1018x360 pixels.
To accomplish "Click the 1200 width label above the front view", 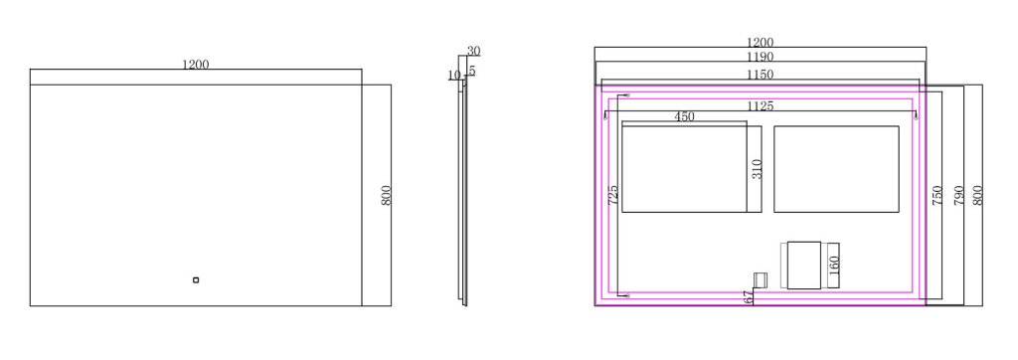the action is pyautogui.click(x=195, y=65).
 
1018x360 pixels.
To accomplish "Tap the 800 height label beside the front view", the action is pyautogui.click(x=387, y=196).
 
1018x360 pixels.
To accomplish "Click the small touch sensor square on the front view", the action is pyautogui.click(x=196, y=280).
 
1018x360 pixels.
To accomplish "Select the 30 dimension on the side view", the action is pyautogui.click(x=473, y=52).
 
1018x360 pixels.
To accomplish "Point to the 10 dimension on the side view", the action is pyautogui.click(x=453, y=76).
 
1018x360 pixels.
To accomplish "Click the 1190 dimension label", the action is pyautogui.click(x=760, y=58).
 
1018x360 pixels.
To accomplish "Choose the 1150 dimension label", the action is pyautogui.click(x=760, y=75).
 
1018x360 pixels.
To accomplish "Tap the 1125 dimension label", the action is pyautogui.click(x=760, y=106).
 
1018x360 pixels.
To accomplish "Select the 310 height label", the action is pyautogui.click(x=757, y=170).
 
